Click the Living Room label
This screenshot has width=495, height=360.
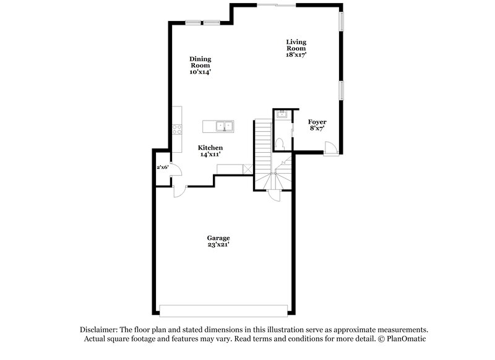(296, 45)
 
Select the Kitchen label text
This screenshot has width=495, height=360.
(210, 148)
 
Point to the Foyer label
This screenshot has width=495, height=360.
(317, 122)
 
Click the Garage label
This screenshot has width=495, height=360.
(218, 238)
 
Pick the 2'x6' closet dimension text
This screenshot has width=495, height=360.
(163, 168)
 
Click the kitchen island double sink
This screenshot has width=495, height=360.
(223, 126)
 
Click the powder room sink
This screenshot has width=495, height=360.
(282, 114)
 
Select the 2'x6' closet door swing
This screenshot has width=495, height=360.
(174, 170)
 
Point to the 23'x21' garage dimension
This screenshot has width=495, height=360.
(218, 245)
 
